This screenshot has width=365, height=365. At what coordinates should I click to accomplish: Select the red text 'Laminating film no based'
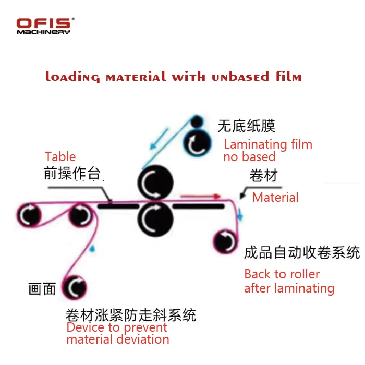(267, 150)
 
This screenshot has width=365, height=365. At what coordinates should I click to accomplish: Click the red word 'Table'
(60, 157)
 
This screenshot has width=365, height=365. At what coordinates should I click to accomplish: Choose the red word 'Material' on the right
(275, 197)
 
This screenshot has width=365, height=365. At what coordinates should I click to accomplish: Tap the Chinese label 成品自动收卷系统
(302, 252)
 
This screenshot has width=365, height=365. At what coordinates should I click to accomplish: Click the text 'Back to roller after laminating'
(289, 281)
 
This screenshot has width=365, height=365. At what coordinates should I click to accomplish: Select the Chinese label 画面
(42, 289)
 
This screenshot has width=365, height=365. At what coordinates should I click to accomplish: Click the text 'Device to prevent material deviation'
(118, 334)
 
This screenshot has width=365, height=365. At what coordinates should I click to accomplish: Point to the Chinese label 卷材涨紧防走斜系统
(130, 315)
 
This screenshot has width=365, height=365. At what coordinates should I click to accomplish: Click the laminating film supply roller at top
(198, 141)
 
